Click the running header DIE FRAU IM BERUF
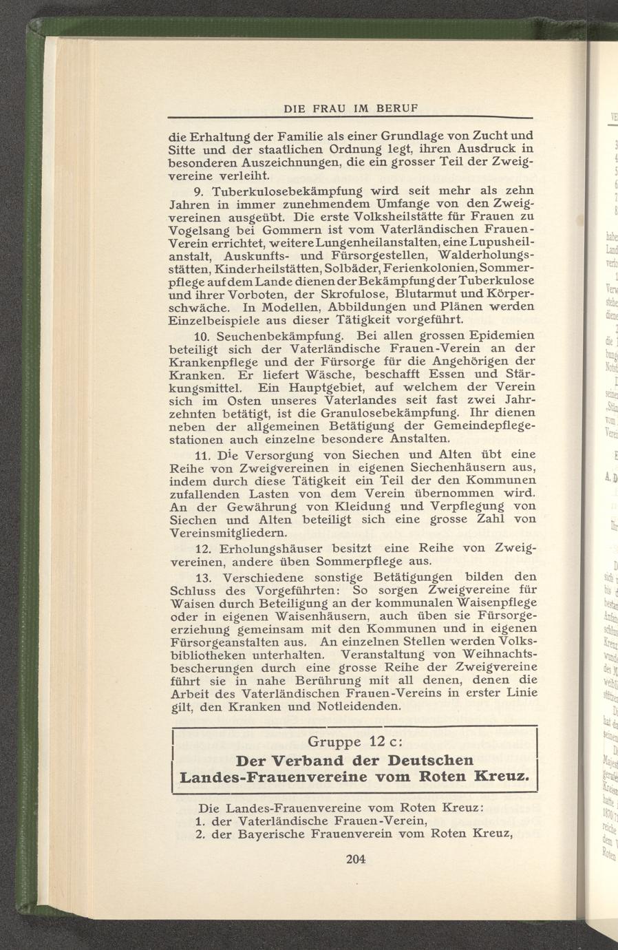352,109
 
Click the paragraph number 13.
203,577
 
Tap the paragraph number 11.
203,455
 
